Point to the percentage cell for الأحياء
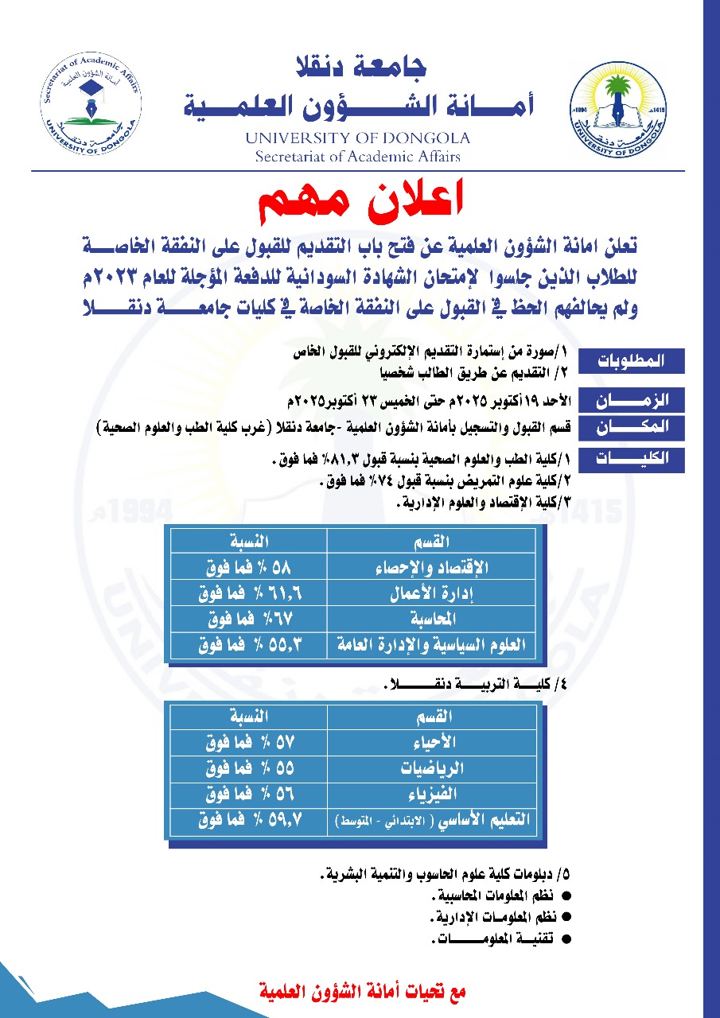tap(248, 744)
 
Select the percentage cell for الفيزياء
tap(248, 794)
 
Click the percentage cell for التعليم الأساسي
tap(248, 820)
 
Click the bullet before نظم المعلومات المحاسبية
tap(567, 896)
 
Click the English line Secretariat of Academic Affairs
tap(358, 157)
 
